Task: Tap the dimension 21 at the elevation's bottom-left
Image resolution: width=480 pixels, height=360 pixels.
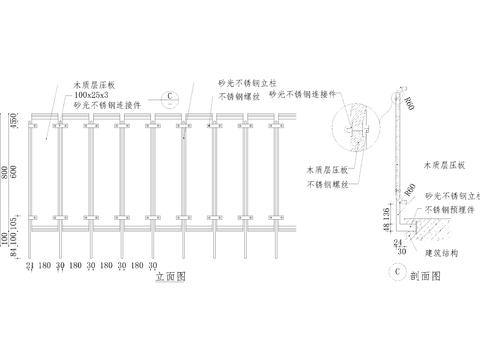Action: [x=31, y=266]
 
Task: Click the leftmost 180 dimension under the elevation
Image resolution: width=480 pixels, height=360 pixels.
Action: [x=47, y=266]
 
